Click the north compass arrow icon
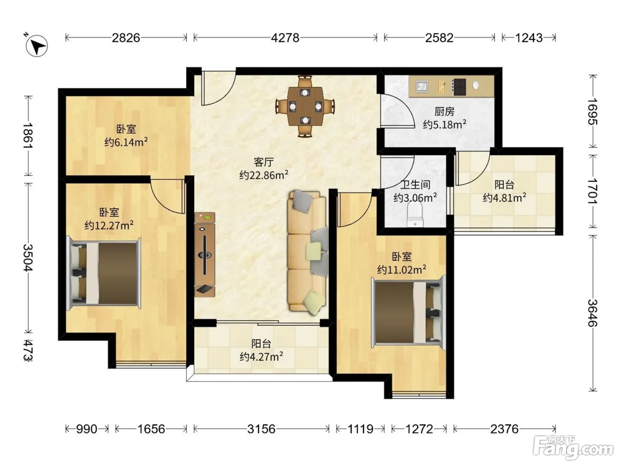click(x=36, y=46)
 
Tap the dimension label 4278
click(x=285, y=38)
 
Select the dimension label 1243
click(x=529, y=38)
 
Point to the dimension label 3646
click(x=593, y=313)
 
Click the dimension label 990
click(x=86, y=429)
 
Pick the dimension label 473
click(x=28, y=350)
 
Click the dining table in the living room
click(x=305, y=107)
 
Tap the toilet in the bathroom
click(x=415, y=215)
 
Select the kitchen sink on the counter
click(x=421, y=86)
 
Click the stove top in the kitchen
click(x=459, y=87)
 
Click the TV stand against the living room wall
click(x=204, y=255)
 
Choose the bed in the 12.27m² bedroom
click(x=103, y=273)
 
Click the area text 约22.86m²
click(x=263, y=175)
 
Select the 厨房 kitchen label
click(x=444, y=112)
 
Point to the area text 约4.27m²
click(x=261, y=356)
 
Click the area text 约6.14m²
click(x=126, y=142)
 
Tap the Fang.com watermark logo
click(x=573, y=450)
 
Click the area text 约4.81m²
click(x=504, y=197)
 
